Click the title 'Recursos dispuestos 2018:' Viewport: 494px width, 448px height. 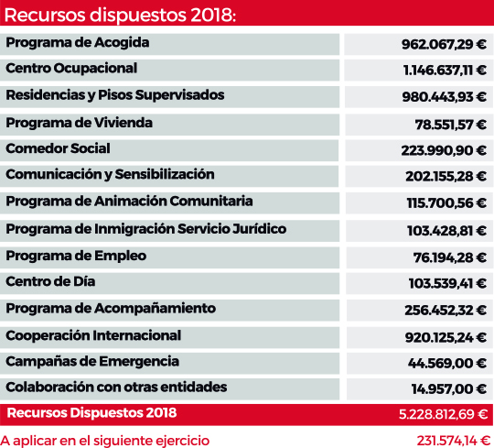tap(120, 15)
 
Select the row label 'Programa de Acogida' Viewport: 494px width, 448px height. tap(78, 42)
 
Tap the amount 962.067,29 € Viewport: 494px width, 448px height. tap(444, 44)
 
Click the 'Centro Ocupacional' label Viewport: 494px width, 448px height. tap(71, 68)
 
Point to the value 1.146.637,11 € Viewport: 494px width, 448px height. tap(445, 70)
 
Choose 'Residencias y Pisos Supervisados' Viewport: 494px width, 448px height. tap(115, 95)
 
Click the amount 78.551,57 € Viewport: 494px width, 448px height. tap(450, 125)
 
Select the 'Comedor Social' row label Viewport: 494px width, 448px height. tap(58, 148)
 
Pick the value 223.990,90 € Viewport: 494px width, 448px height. tap(444, 150)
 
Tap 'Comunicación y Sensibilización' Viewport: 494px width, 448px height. tap(110, 174)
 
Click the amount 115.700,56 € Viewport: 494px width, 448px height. tap(446, 202)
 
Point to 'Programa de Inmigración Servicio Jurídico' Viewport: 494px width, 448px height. tap(145, 229)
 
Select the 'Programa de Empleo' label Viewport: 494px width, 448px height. tap(76, 256)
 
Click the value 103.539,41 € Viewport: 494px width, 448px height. tap(447, 283)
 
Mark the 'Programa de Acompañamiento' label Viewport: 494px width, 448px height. tap(111, 309)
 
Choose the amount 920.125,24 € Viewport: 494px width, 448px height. tap(446, 337)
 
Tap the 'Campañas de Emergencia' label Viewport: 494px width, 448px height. tap(92, 362)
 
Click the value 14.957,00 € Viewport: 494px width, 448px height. tap(449, 388)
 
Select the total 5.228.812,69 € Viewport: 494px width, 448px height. tap(443, 414)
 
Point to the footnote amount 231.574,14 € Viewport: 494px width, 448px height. tap(453, 441)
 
